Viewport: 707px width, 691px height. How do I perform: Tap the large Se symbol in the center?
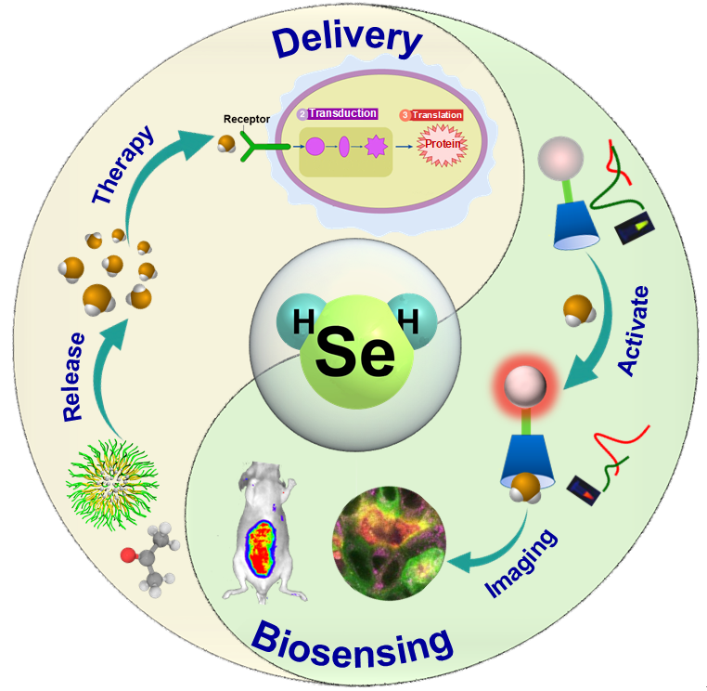point(354,352)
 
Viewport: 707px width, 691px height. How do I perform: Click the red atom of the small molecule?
point(127,555)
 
